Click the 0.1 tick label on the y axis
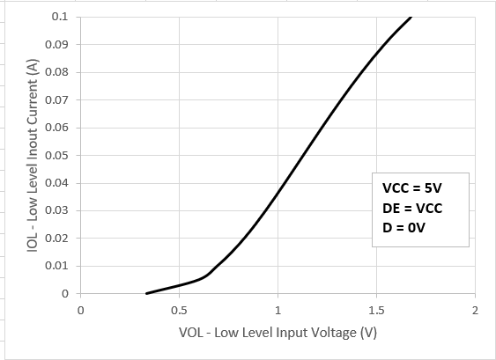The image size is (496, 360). tap(59, 17)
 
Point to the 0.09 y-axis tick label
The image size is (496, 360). tap(56, 44)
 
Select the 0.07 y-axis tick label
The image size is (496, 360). tap(56, 99)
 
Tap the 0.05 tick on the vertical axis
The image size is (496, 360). tap(56, 155)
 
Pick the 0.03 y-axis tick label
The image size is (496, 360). tap(56, 210)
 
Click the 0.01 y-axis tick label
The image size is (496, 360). tap(56, 266)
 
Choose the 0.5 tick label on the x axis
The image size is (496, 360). tap(179, 311)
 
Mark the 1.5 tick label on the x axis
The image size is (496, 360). tap(376, 311)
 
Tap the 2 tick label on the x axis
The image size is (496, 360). tap(475, 311)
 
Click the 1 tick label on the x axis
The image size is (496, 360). tap(278, 311)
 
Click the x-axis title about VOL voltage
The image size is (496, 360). tap(277, 334)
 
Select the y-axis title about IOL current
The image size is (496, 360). tap(32, 156)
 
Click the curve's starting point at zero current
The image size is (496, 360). tap(147, 293)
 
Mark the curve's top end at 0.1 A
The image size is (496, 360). tap(411, 17)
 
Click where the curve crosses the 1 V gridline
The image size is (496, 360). tap(278, 192)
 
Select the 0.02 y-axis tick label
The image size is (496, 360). tap(56, 239)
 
